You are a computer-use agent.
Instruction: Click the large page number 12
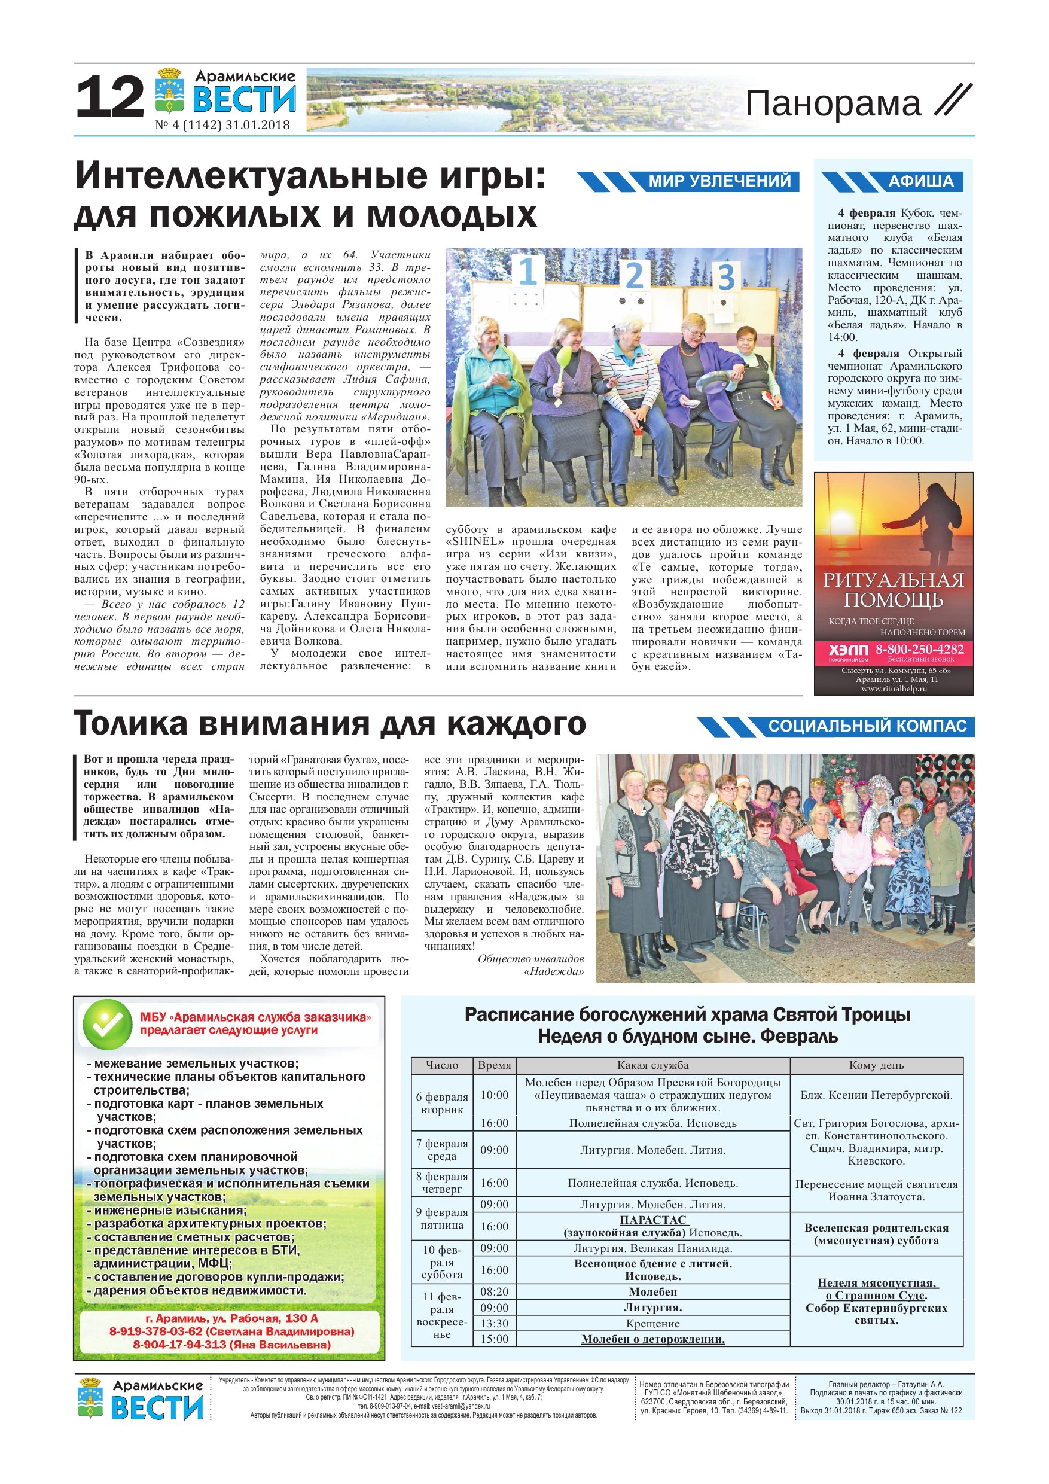pyautogui.click(x=110, y=96)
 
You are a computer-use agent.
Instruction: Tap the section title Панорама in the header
pyautogui.click(x=833, y=104)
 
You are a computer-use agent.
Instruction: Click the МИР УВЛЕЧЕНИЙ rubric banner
pyautogui.click(x=719, y=181)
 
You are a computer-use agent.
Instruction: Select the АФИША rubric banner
pyautogui.click(x=920, y=181)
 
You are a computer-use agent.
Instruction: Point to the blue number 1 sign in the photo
pyautogui.click(x=527, y=272)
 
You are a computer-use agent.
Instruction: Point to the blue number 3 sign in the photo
pyautogui.click(x=726, y=278)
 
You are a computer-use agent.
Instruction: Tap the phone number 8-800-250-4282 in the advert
pyautogui.click(x=919, y=649)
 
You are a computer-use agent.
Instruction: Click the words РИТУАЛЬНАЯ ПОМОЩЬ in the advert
pyautogui.click(x=894, y=589)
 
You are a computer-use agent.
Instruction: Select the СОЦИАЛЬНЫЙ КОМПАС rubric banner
pyautogui.click(x=867, y=727)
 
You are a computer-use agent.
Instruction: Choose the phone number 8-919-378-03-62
pyautogui.click(x=155, y=1331)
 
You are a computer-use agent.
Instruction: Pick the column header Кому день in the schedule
pyautogui.click(x=876, y=1065)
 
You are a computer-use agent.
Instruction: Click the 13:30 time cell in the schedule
pyautogui.click(x=494, y=1323)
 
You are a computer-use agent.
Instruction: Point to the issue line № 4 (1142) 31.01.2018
pyautogui.click(x=222, y=126)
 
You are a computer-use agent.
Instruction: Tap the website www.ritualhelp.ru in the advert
pyautogui.click(x=894, y=689)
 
